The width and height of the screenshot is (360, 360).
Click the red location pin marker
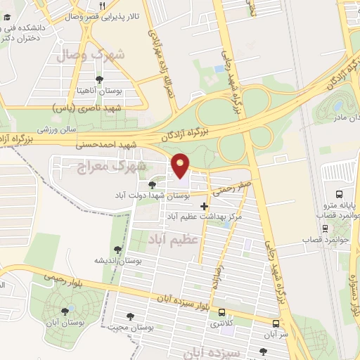pyautogui.click(x=181, y=165)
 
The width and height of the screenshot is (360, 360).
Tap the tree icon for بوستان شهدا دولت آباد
pyautogui.click(x=152, y=184)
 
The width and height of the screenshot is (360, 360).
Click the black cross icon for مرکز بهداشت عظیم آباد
pyautogui.click(x=204, y=206)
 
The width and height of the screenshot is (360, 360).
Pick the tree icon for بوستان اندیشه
pyautogui.click(x=117, y=250)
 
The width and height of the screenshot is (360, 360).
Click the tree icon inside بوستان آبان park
pyautogui.click(x=65, y=310)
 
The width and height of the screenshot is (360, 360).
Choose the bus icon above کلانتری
pyautogui.click(x=223, y=313)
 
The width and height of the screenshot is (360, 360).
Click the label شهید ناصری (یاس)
pyautogui.click(x=88, y=108)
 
